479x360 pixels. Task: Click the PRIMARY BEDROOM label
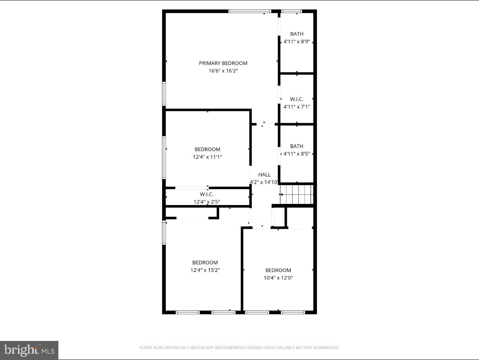tap(223, 63)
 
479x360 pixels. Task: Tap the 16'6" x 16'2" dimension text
tap(223, 71)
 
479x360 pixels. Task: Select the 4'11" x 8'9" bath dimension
tap(296, 42)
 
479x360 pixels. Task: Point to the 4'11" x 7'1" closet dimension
tap(296, 107)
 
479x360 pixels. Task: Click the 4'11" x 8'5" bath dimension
tap(296, 154)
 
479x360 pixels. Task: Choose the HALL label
tap(264, 174)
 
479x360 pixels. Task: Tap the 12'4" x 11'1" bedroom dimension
tap(207, 157)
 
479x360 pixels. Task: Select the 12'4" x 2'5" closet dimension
tap(207, 202)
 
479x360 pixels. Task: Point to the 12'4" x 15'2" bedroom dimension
tap(205, 270)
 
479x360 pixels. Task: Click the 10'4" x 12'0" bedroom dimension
tap(278, 278)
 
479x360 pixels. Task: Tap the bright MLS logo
tap(29, 350)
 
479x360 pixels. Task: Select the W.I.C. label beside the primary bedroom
tap(296, 99)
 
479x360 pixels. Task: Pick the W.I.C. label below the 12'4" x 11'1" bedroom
tap(207, 194)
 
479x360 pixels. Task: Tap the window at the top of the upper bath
tap(292, 11)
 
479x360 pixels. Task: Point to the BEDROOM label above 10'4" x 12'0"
tap(278, 270)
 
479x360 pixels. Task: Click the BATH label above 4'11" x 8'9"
tap(296, 34)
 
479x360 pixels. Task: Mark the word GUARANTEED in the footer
tap(324, 348)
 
